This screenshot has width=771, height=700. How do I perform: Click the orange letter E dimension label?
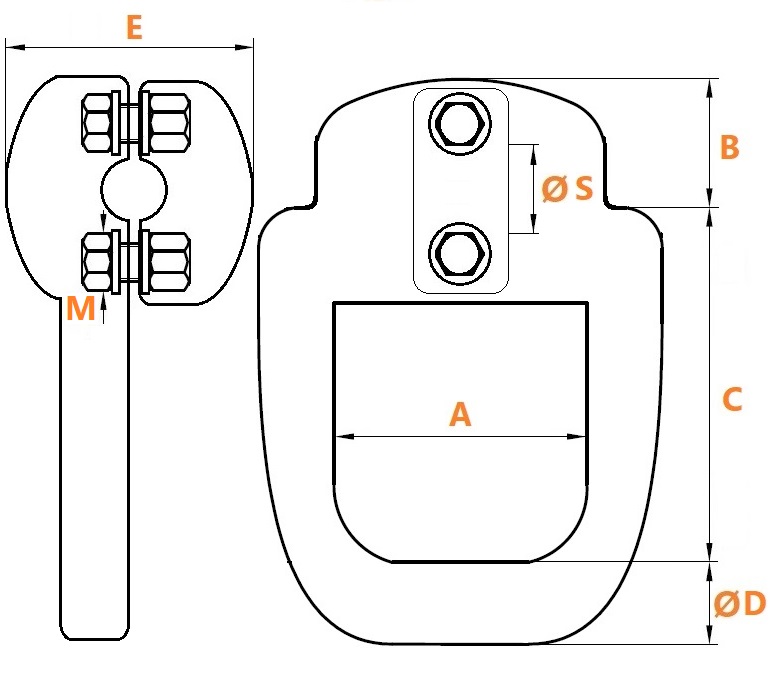coord(134,28)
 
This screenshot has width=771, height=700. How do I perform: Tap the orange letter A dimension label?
coord(460,414)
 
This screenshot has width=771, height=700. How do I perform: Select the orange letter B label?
coord(729,147)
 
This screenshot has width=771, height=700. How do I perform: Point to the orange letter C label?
coord(732,399)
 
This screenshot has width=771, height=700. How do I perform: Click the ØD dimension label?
coord(740,603)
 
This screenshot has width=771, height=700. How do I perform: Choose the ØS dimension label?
coord(567,189)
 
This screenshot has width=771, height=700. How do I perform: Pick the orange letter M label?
coord(80,309)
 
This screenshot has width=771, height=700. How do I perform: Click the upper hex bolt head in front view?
coord(460,123)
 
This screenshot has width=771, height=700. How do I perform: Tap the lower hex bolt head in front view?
coord(460,254)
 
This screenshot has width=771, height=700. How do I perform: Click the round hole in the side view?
coord(134,189)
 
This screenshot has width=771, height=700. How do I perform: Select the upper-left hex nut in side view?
coord(97,123)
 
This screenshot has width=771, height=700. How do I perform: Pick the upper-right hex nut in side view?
coord(169,123)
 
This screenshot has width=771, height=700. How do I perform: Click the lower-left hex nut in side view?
coord(97,262)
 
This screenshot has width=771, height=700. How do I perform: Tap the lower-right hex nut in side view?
coord(169,262)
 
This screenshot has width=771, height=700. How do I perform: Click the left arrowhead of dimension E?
coord(15,48)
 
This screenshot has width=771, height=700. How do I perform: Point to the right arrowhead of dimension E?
coord(244,48)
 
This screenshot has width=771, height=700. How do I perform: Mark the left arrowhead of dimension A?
coord(344,436)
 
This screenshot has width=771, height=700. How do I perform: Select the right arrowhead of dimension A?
coord(576,436)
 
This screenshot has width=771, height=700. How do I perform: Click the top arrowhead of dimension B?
coord(709,88)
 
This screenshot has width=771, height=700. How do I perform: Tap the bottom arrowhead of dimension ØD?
coord(709,634)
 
